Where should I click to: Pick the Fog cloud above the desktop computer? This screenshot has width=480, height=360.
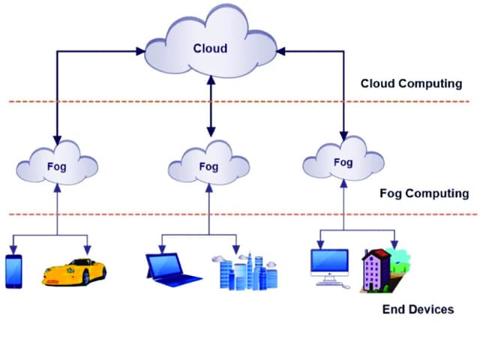pyautogui.click(x=343, y=162)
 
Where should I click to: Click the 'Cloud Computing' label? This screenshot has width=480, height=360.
pyautogui.click(x=411, y=83)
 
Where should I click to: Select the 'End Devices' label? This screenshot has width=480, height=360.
pyautogui.click(x=418, y=308)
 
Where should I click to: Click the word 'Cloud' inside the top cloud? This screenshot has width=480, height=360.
pyautogui.click(x=210, y=48)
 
